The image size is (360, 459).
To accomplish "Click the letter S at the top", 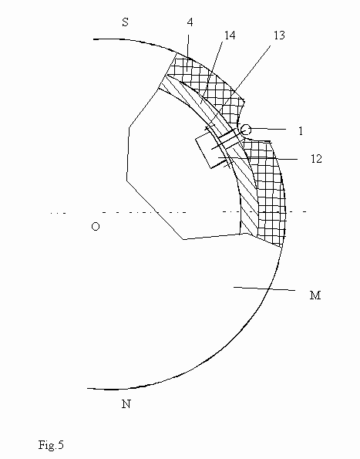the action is [x=125, y=22].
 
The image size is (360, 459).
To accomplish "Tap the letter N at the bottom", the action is [x=126, y=404].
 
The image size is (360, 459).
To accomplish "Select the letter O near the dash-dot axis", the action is [x=96, y=226].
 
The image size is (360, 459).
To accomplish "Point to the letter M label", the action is [x=315, y=295].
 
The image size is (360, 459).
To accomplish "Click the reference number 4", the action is [x=190, y=22].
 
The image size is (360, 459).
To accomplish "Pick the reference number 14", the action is [x=230, y=35].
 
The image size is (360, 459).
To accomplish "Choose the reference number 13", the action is [x=279, y=35].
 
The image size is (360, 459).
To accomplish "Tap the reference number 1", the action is [x=301, y=131].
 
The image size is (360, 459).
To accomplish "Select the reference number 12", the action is [x=316, y=159].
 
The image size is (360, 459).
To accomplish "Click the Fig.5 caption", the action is [x=51, y=444].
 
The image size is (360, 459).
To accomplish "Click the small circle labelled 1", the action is [x=246, y=130].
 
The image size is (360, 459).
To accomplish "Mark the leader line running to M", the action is [x=264, y=289].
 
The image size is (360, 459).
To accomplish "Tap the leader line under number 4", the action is [x=188, y=53].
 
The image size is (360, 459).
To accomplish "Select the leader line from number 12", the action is [x=257, y=159].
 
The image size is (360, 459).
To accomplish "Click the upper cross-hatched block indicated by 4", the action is [x=206, y=83].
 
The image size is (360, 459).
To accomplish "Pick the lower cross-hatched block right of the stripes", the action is [x=267, y=193].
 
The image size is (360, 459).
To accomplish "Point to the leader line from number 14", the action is [x=212, y=73].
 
